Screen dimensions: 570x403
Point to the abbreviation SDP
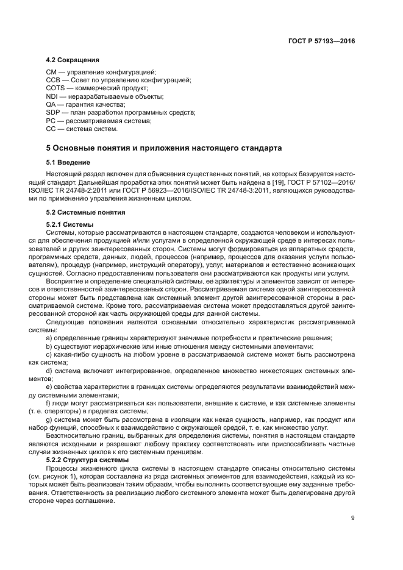52,113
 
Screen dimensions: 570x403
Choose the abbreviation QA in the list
51,104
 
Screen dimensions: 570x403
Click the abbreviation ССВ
53,80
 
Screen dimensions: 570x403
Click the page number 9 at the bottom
352,518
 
